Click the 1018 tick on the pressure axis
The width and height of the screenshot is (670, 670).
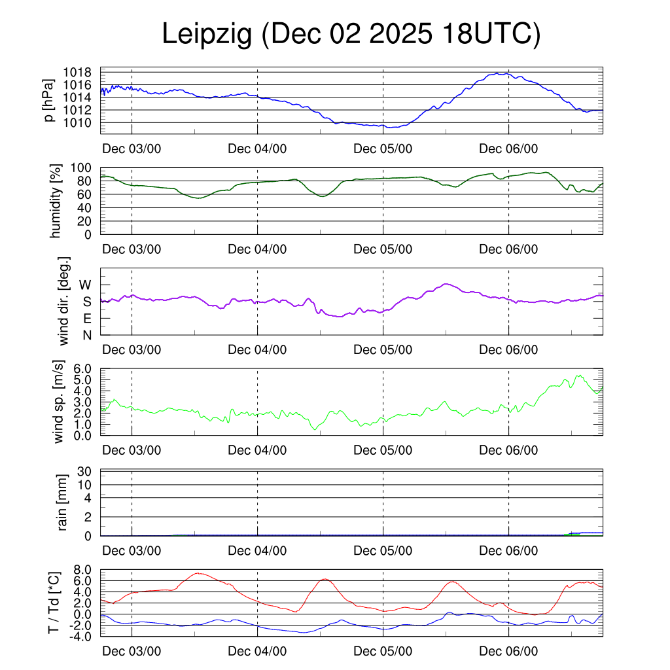point(79,72)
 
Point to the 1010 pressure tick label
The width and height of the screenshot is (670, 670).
point(79,122)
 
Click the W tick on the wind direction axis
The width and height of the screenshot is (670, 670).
point(86,285)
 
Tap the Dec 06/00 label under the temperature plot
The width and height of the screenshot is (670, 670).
point(508,652)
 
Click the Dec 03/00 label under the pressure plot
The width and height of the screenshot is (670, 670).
point(132,149)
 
